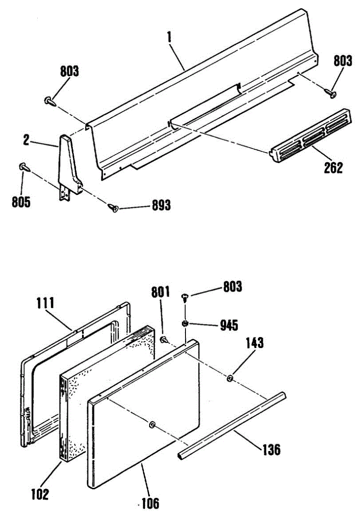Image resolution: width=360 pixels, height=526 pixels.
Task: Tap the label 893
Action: (161, 205)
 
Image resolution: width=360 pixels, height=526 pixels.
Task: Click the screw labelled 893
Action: (113, 207)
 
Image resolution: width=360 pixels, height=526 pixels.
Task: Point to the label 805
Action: (21, 203)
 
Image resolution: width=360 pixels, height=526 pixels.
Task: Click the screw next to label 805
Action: (23, 167)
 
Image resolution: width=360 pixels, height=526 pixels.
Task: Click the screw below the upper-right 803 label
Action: (331, 92)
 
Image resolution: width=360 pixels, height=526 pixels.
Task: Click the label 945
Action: (229, 325)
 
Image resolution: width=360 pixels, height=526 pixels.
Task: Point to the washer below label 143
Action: (230, 378)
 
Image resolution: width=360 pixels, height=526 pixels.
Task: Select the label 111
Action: (45, 302)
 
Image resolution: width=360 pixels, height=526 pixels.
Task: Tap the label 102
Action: (40, 494)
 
